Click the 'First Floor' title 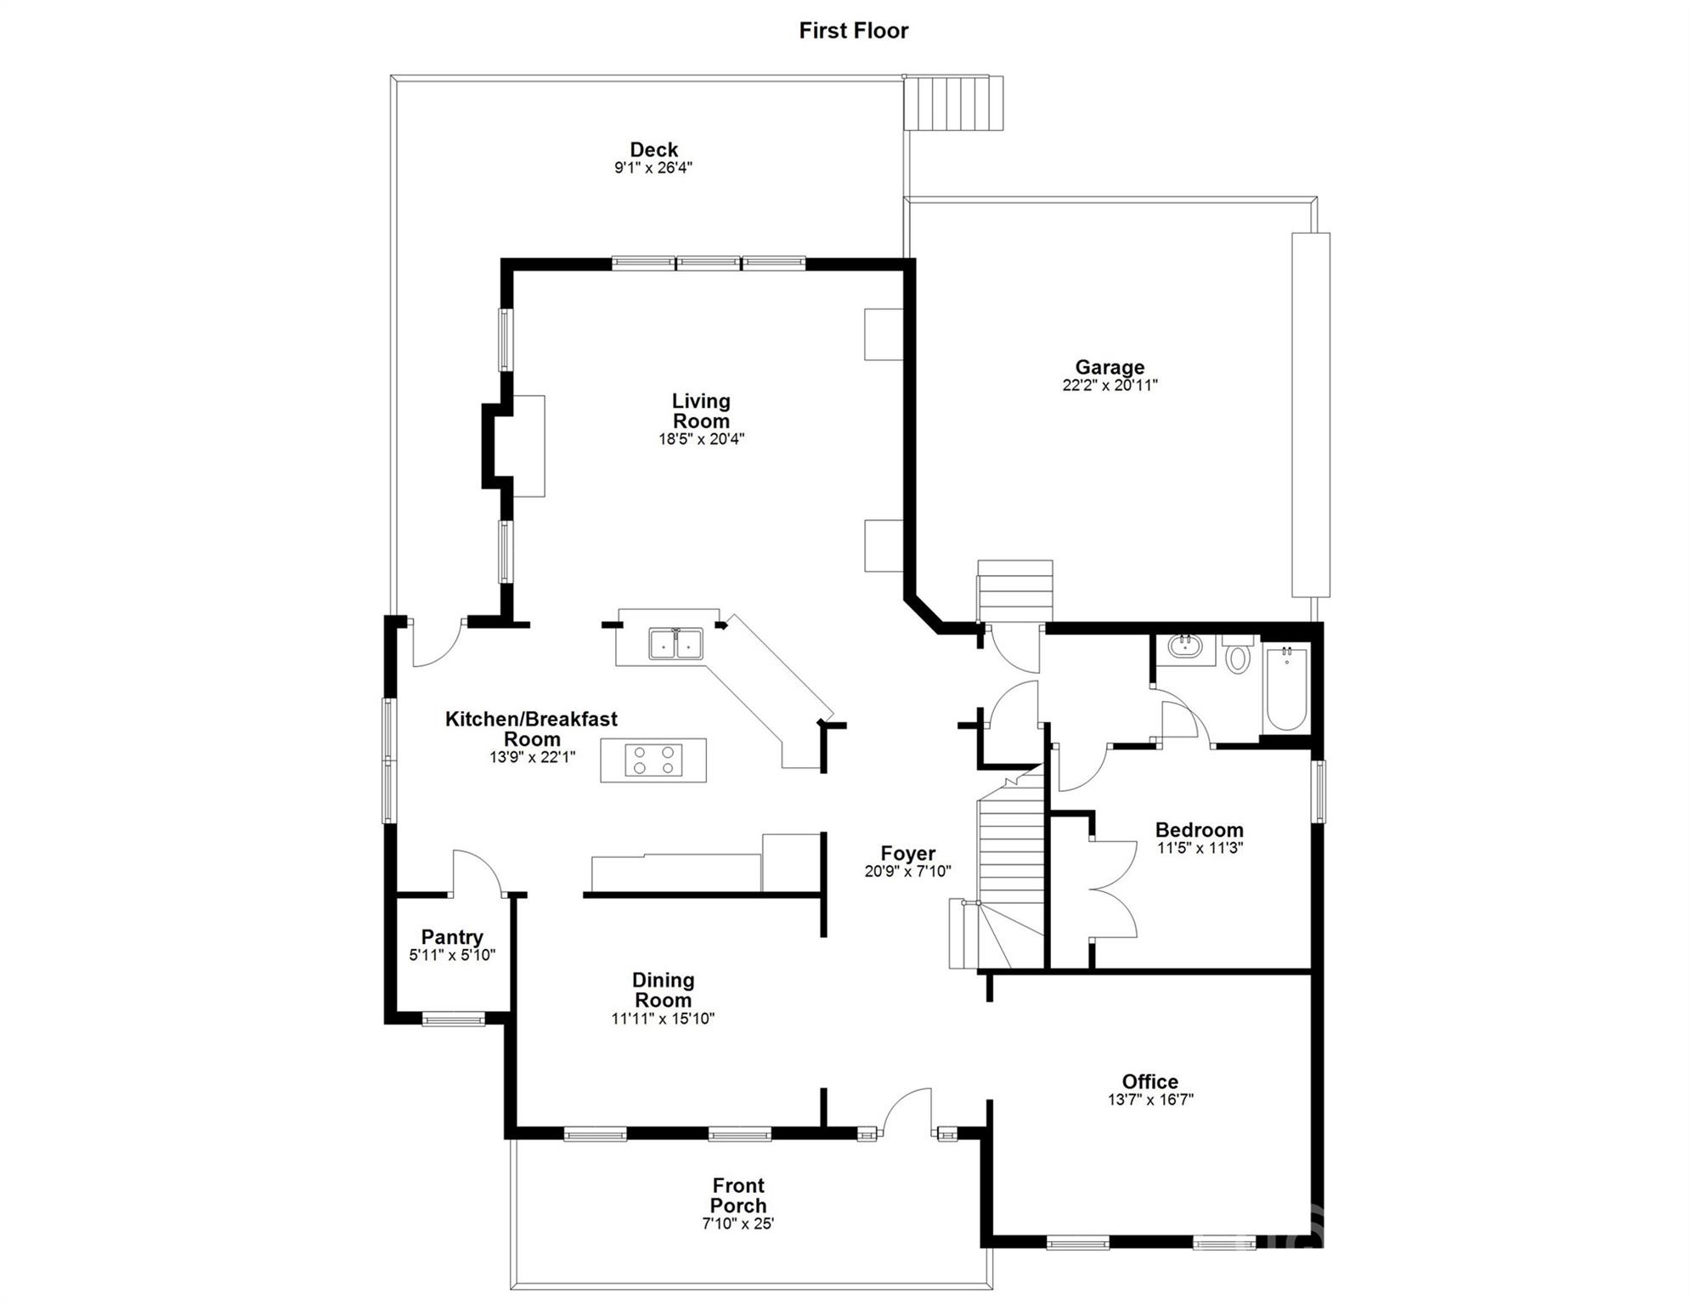(853, 31)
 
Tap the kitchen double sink (675, 644)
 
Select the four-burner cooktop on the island (653, 760)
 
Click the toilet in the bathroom (1238, 656)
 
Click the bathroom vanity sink (1184, 647)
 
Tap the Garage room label (1110, 367)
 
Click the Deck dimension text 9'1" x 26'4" (653, 168)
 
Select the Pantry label (452, 937)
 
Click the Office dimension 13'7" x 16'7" (1150, 1099)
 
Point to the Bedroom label (1199, 830)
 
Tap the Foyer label (907, 853)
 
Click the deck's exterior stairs (953, 103)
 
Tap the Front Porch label (738, 1195)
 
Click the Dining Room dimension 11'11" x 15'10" (663, 1019)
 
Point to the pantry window (453, 1019)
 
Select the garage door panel (1310, 415)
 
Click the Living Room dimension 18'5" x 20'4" (701, 439)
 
